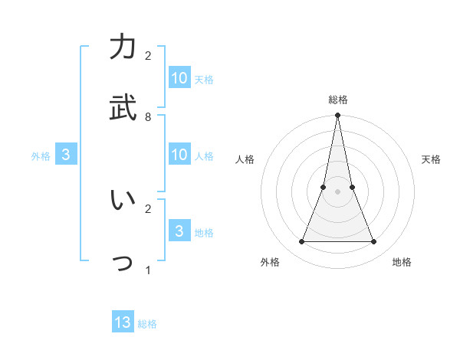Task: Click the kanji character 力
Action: pos(123,48)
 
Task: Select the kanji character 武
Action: pos(123,107)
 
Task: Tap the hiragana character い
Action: pos(123,200)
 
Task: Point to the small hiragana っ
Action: pos(123,264)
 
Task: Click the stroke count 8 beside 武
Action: pos(148,117)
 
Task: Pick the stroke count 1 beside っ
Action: pos(148,270)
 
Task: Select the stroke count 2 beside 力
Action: pos(148,56)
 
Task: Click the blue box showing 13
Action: pos(123,322)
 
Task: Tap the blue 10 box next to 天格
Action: pos(179,78)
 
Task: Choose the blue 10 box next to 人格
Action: pos(179,155)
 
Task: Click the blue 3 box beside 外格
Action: pos(66,155)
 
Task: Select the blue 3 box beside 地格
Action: pos(179,231)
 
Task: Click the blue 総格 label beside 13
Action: pos(147,324)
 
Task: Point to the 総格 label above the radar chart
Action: pos(337,100)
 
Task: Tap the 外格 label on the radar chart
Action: pos(270,263)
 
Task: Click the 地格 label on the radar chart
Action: pos(402,263)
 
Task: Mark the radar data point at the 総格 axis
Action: pos(337,116)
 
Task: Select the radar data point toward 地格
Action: pos(374,242)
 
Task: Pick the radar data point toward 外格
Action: pos(301,242)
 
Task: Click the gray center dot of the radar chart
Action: pos(337,191)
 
